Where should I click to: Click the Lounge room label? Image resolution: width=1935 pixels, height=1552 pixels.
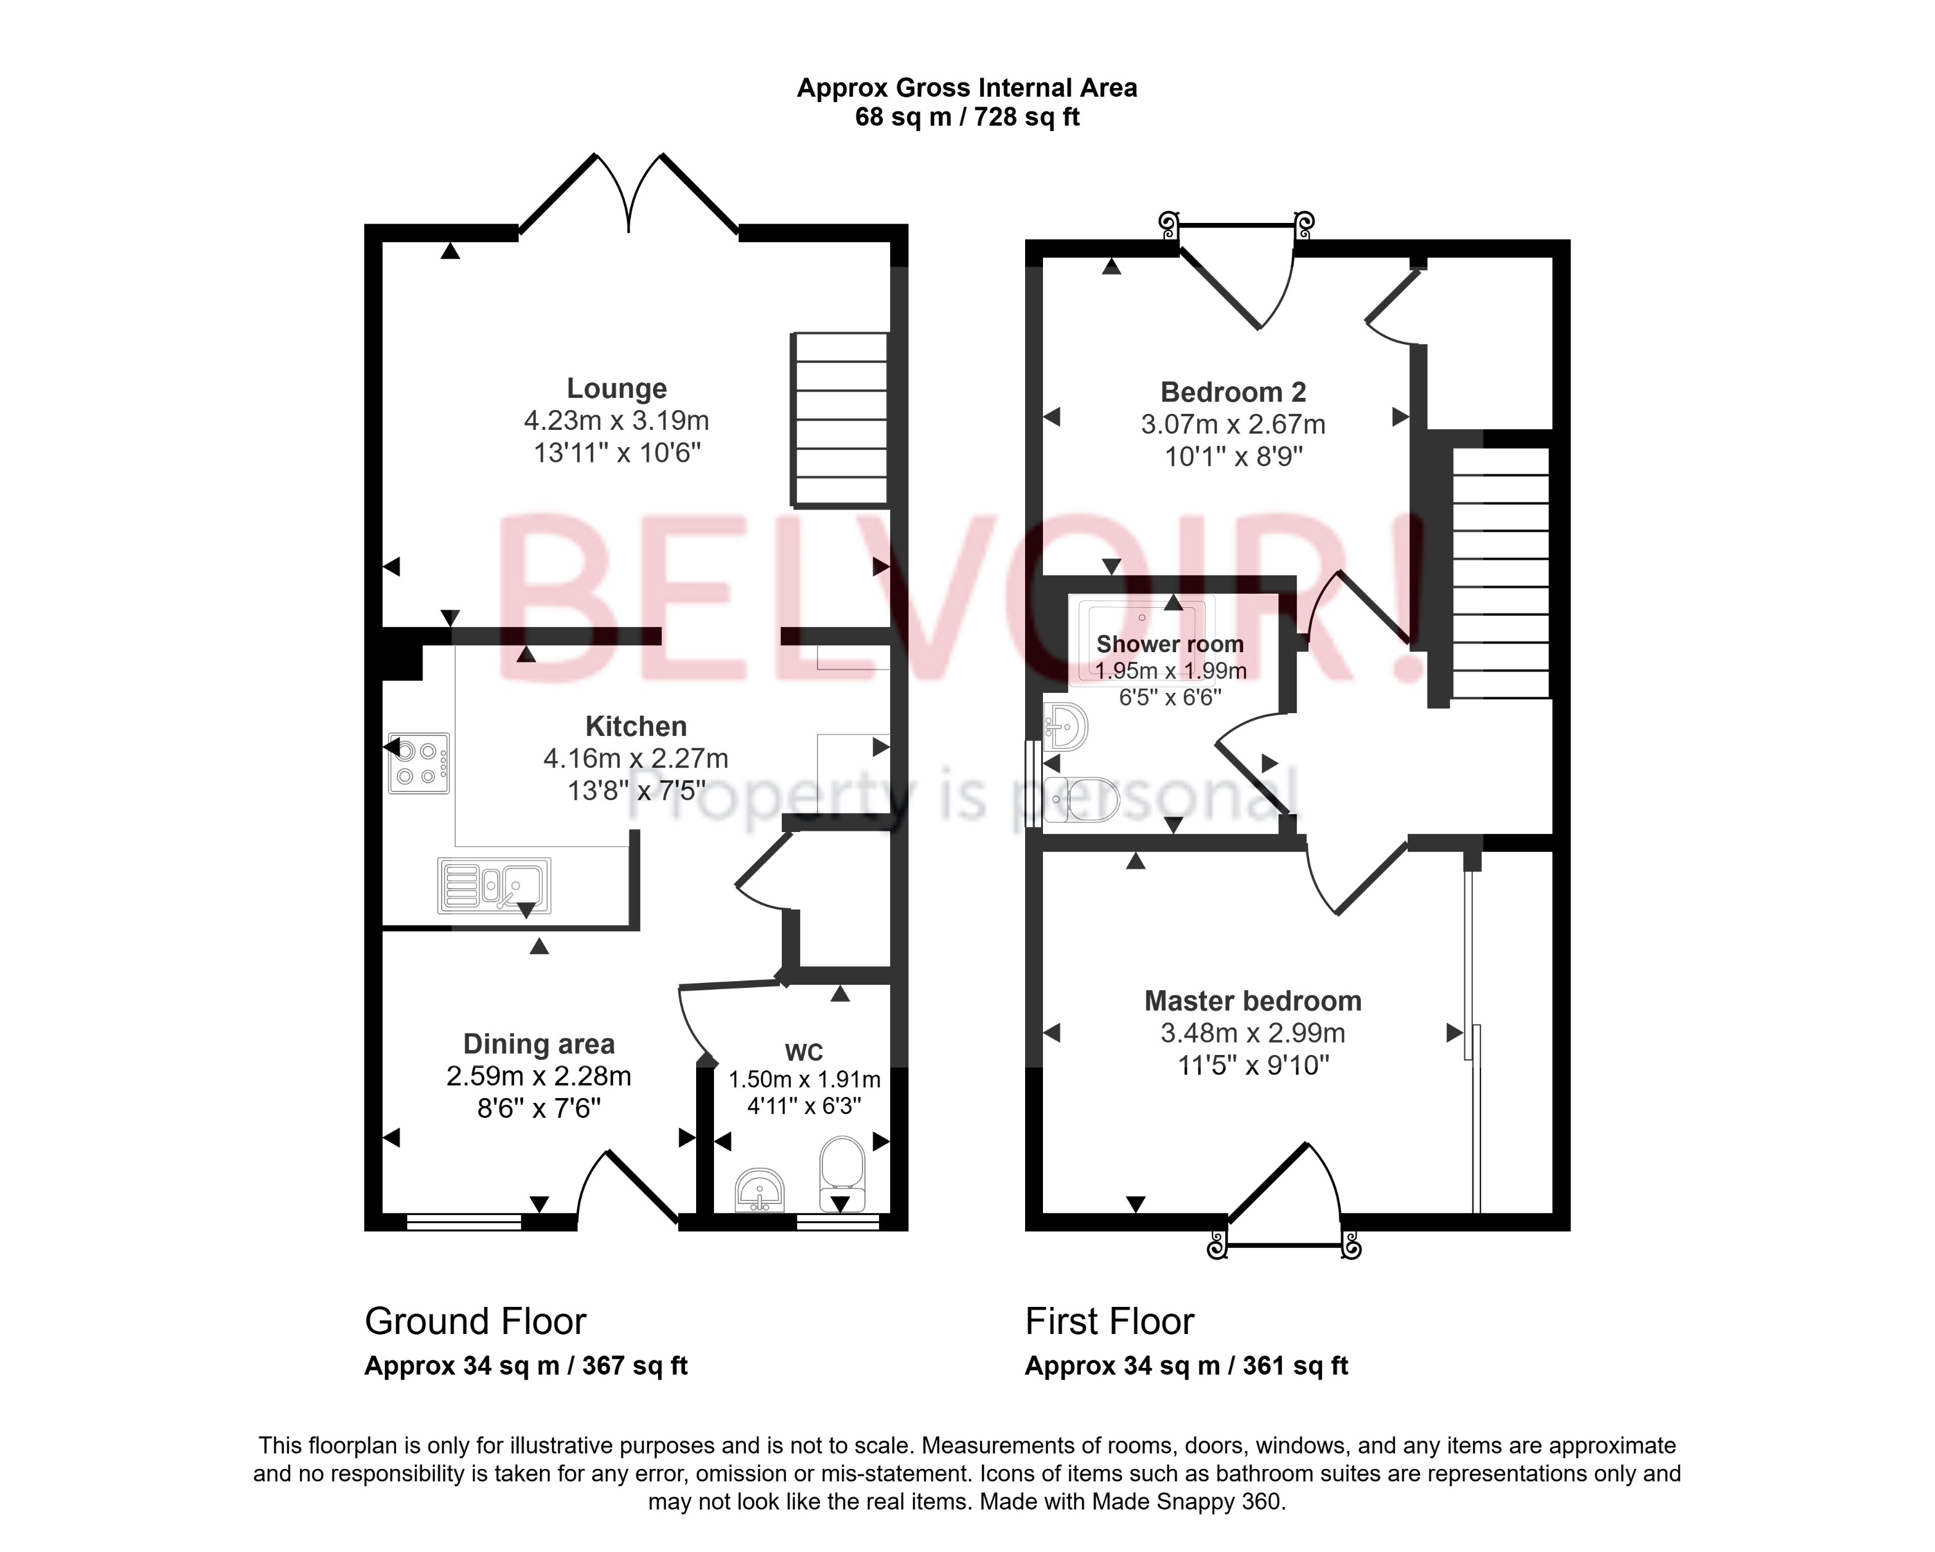coord(617,389)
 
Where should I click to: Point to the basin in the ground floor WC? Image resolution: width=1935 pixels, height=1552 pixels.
coord(760,1190)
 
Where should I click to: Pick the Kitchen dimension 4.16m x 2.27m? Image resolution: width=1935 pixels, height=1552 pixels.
coord(635,758)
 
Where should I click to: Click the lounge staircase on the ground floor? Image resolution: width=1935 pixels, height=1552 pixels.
coord(840,419)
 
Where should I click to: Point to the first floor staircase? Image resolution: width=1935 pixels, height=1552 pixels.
coord(1501,573)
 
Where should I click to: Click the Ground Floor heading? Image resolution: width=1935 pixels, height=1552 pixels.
coord(475,1322)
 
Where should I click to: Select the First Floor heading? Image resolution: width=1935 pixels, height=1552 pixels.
coord(1109,1322)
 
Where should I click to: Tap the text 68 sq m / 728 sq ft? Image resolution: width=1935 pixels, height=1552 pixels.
coord(967,118)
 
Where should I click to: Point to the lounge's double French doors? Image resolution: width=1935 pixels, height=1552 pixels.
coord(628,193)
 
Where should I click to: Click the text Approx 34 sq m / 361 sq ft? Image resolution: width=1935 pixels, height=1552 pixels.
coord(1186,1365)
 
